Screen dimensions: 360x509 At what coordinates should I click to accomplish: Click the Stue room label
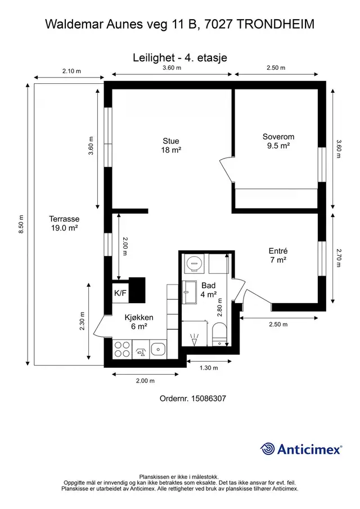tap(171, 145)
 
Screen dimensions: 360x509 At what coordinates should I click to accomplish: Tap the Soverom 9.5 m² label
tap(278, 141)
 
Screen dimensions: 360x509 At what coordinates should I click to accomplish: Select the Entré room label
tap(278, 255)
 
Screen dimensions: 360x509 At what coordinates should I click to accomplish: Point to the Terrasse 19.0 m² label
tap(64, 223)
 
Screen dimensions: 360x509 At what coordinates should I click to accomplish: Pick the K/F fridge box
tap(120, 293)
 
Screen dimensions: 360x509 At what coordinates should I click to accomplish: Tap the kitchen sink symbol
tap(159, 349)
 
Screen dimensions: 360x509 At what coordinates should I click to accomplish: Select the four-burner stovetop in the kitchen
tap(123, 349)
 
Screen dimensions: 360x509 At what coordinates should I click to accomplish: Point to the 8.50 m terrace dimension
tap(21, 224)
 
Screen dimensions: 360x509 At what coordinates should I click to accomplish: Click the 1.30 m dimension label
tap(209, 368)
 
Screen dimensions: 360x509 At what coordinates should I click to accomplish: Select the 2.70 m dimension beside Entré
tap(339, 258)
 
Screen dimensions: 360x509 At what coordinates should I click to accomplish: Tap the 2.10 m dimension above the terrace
tap(72, 71)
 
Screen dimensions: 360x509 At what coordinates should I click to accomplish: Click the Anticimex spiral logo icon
tap(268, 449)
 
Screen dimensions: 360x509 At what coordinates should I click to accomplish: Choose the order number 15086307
tap(208, 398)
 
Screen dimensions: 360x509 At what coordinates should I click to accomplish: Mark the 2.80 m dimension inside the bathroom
tap(220, 308)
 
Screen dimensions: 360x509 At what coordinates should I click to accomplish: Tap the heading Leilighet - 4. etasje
tap(180, 57)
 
